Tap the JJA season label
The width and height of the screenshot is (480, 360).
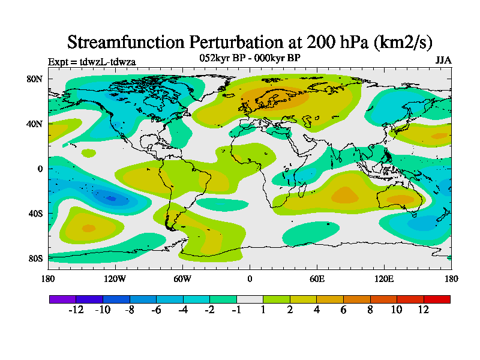pos(443,61)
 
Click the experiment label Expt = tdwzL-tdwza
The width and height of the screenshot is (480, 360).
pos(91,61)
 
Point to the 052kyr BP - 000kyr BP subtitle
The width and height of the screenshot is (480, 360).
pos(250,58)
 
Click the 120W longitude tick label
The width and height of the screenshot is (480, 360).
pos(115,278)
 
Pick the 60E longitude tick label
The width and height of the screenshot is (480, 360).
pos(317,278)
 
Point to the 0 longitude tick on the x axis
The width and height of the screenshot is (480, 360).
pos(250,278)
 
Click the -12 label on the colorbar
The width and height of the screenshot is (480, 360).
pos(76,310)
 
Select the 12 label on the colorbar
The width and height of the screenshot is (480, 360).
pos(424,310)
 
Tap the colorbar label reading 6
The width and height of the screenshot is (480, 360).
pos(344,310)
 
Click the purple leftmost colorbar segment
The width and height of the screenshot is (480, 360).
pos(62,299)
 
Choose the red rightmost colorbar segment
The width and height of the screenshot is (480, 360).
pos(437,299)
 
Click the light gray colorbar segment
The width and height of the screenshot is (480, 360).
pos(250,299)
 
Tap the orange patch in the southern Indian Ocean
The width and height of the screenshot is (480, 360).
pos(344,195)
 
